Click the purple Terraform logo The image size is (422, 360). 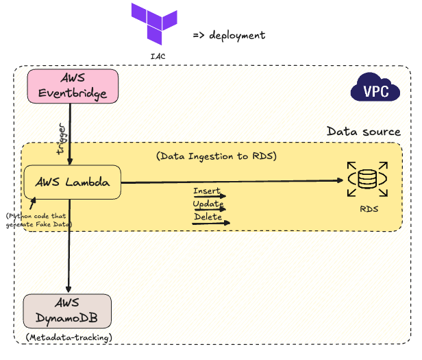pos(155,25)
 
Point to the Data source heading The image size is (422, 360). pos(363,131)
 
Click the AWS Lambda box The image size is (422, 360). pos(72,183)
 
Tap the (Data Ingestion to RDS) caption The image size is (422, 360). pos(216,156)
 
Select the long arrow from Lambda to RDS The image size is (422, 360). pos(233,182)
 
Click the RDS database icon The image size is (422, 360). pos(367,180)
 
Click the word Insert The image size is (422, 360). pos(206,191)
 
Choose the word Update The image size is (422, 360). pos(208,204)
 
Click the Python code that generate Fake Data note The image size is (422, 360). pos(39,220)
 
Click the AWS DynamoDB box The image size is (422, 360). pos(67,313)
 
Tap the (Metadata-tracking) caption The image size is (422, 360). pos(68,337)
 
